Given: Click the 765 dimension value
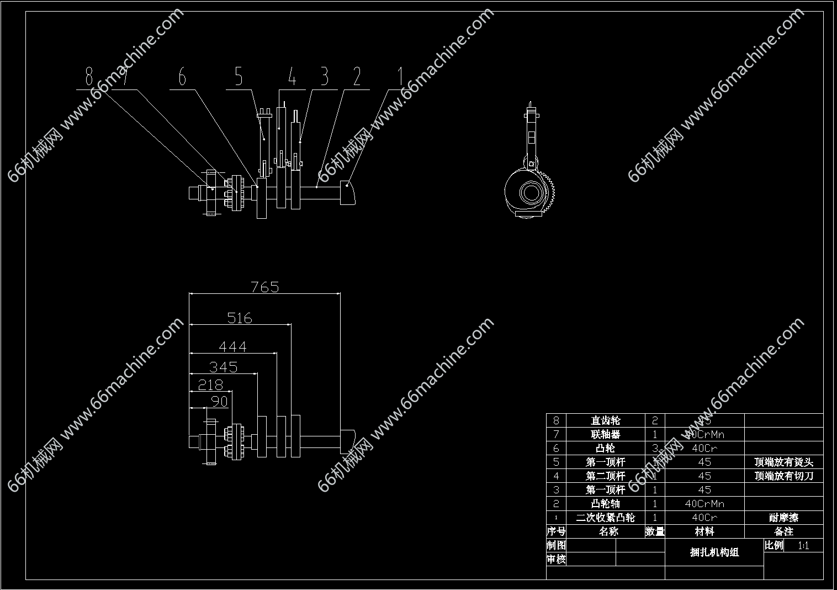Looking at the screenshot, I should pyautogui.click(x=265, y=287).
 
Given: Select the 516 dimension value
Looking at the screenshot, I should pyautogui.click(x=240, y=318).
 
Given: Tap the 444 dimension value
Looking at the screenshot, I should pyautogui.click(x=232, y=347).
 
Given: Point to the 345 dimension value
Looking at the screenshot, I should pyautogui.click(x=224, y=367).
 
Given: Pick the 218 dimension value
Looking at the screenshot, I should pyautogui.click(x=210, y=385).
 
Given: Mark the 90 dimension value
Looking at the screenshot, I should pyautogui.click(x=220, y=401).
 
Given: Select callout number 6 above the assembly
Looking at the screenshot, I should pyautogui.click(x=182, y=77).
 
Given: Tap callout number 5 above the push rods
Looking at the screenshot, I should pyautogui.click(x=239, y=77).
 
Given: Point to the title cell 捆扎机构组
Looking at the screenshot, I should pyautogui.click(x=714, y=552).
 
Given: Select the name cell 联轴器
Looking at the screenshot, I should pyautogui.click(x=606, y=434).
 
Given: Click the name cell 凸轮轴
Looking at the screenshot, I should pyautogui.click(x=606, y=504).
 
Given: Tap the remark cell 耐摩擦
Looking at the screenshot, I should pyautogui.click(x=783, y=518).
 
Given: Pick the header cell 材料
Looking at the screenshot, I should pyautogui.click(x=704, y=531).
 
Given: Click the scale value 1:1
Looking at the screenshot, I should pyautogui.click(x=803, y=546).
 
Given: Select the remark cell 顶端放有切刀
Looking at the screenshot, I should pyautogui.click(x=783, y=476).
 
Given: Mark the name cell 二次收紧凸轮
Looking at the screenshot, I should pyautogui.click(x=606, y=518).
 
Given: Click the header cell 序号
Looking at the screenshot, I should pyautogui.click(x=556, y=531).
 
